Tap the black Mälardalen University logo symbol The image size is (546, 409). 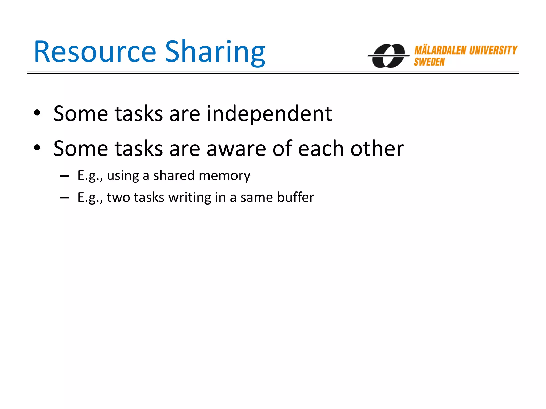(x=388, y=56)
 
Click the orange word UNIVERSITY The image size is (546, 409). (x=493, y=50)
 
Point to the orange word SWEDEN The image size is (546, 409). (x=429, y=62)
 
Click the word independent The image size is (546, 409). (x=269, y=114)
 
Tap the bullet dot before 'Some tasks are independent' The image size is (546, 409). (x=37, y=113)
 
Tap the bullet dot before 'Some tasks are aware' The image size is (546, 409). (x=37, y=148)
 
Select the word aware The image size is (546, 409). (x=236, y=149)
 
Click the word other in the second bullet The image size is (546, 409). (x=377, y=149)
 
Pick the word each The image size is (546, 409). (x=321, y=149)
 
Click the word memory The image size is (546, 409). (x=224, y=176)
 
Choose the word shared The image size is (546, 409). (x=174, y=176)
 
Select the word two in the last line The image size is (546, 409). (x=118, y=197)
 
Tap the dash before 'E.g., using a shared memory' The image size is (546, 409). (x=64, y=176)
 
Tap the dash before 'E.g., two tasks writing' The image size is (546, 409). (x=64, y=198)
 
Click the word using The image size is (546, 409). (x=123, y=176)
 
